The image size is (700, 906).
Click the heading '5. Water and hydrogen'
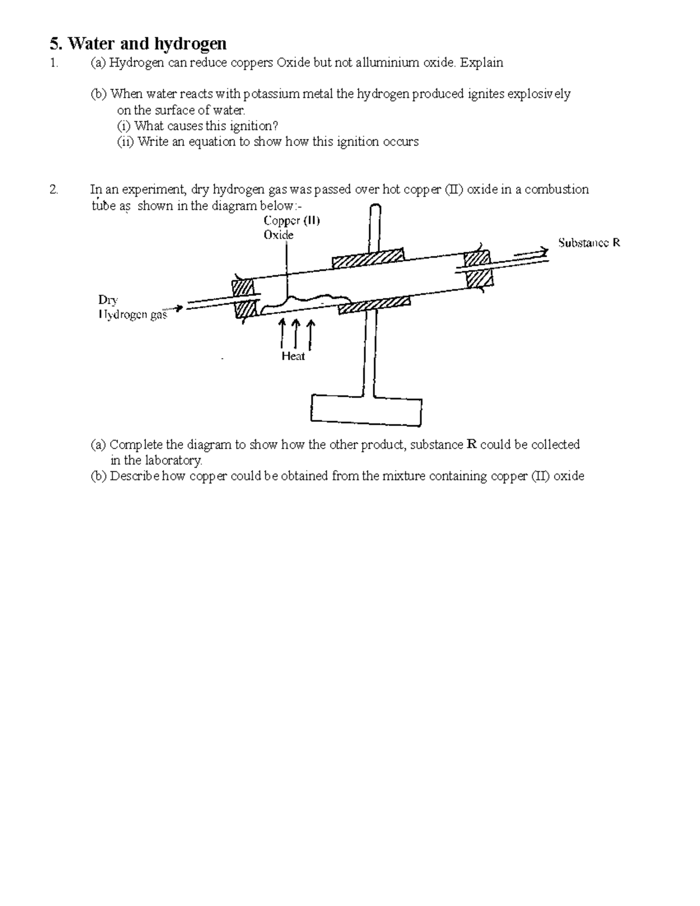[138, 44]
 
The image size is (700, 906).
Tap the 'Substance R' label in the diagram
[589, 243]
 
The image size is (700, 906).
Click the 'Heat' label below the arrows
[293, 356]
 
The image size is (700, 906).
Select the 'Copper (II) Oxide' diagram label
[291, 228]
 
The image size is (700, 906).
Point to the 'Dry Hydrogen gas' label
[132, 307]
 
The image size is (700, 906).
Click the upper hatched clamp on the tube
[367, 257]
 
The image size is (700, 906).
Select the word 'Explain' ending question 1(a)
[481, 62]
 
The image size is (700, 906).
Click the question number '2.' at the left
[54, 189]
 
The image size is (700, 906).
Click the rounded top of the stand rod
[374, 209]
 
